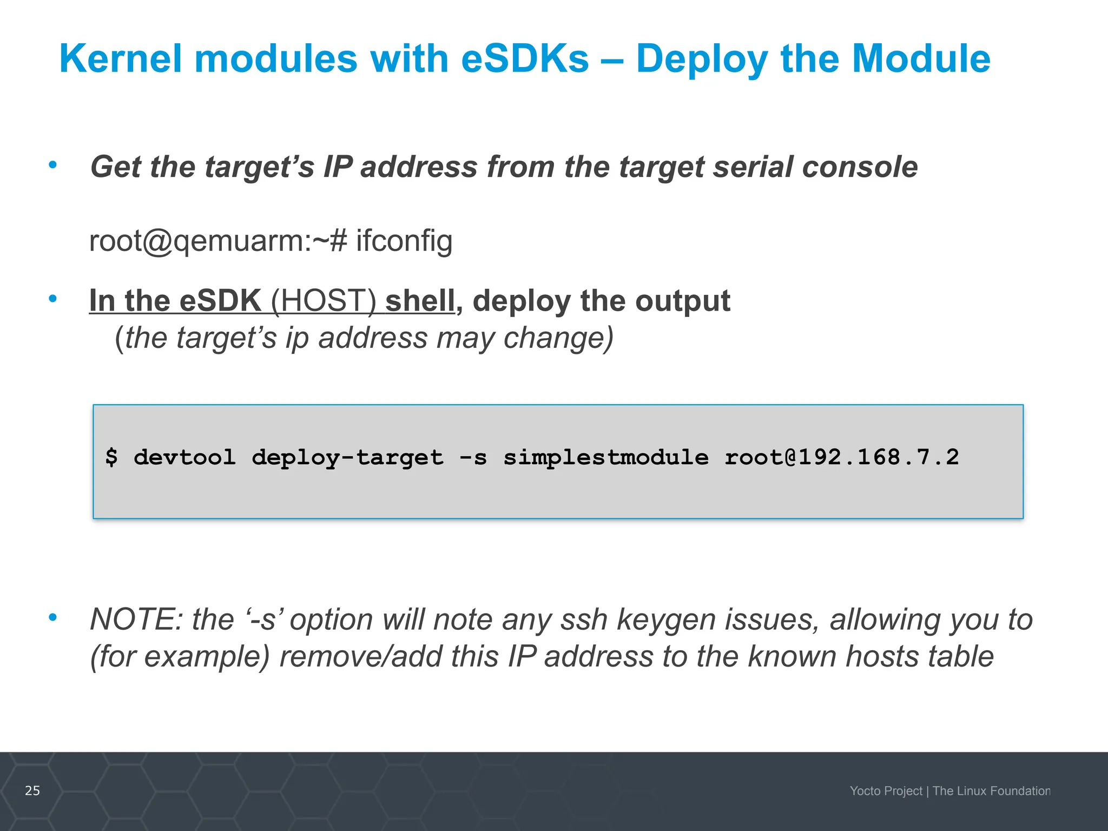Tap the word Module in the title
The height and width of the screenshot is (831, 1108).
pos(921,58)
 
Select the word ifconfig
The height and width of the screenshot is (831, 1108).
pos(404,241)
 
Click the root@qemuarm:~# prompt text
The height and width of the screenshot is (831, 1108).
pos(218,241)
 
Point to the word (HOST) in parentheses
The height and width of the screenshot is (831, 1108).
pos(323,301)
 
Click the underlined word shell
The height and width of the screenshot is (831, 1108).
pos(420,301)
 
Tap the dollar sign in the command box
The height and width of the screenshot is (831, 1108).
pos(111,458)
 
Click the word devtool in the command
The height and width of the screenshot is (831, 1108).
pos(184,458)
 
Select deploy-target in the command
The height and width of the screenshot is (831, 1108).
pos(347,458)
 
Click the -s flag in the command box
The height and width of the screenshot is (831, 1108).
pos(473,458)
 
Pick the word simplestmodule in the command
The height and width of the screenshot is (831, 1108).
pos(606,458)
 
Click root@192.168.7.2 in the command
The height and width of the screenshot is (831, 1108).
pos(841,458)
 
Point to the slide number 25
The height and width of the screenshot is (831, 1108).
pos(32,790)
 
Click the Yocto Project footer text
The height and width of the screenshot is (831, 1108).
pos(886,791)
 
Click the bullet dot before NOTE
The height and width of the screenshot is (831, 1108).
pos(52,617)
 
